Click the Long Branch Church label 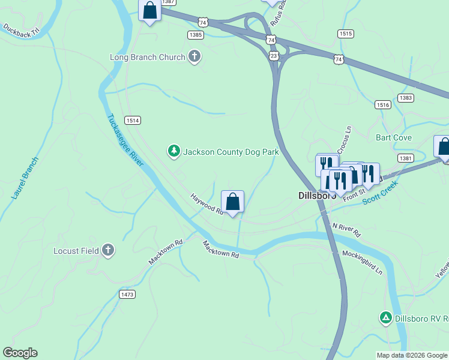147,58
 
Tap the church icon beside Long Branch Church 194,57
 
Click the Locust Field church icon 108,250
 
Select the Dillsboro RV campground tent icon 386,317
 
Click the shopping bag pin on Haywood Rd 232,202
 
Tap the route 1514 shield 133,121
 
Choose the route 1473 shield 127,294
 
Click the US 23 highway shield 274,55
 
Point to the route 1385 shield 195,35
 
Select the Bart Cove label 394,137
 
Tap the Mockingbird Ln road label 362,262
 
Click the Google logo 20,353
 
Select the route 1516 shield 383,105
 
